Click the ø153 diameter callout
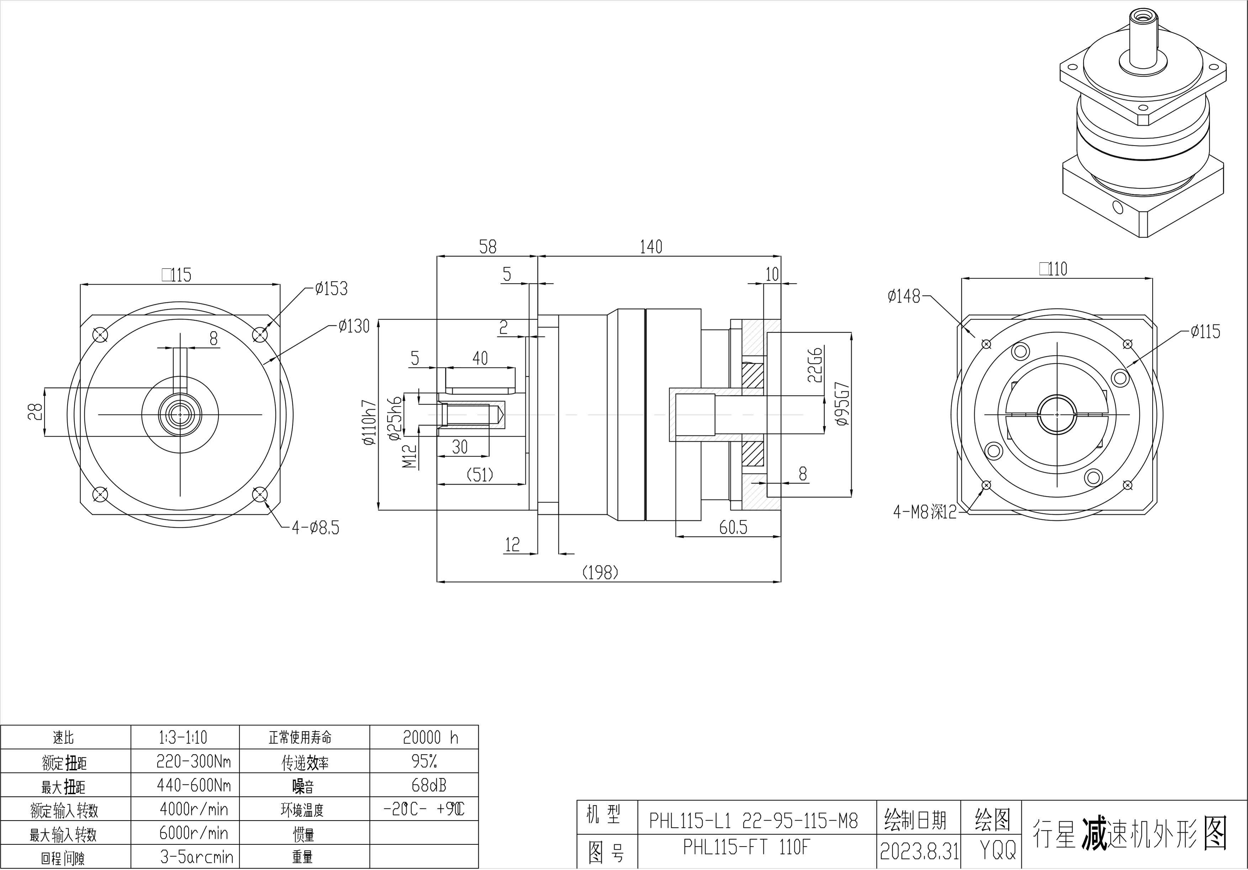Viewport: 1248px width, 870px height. (x=331, y=289)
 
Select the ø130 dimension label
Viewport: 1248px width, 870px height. (x=353, y=326)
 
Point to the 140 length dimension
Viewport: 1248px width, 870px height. (x=651, y=247)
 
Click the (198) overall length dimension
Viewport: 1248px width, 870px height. (x=600, y=573)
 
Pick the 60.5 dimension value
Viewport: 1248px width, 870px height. (x=733, y=527)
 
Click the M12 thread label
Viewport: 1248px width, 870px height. (x=410, y=456)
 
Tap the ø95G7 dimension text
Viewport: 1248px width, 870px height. (x=842, y=404)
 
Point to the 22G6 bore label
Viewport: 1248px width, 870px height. (x=815, y=364)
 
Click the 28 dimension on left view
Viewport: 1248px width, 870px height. (x=35, y=412)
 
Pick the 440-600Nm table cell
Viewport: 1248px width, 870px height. (x=194, y=785)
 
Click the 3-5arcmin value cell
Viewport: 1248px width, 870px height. (x=196, y=858)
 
